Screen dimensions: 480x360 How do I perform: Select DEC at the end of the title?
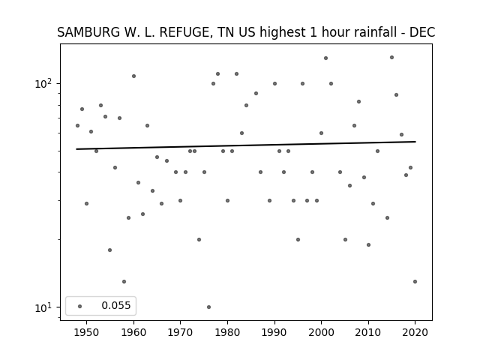(x=422, y=32)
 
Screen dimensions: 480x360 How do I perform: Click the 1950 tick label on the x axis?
(x=87, y=332)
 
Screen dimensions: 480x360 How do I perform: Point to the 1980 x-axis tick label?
(x=227, y=332)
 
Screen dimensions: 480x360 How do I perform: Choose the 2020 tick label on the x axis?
(x=415, y=332)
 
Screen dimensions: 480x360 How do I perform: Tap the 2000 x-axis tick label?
(x=321, y=332)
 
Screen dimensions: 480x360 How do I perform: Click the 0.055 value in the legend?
(x=116, y=305)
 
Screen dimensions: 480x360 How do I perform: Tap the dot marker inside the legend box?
(x=80, y=306)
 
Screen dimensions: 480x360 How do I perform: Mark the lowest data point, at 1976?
(x=208, y=307)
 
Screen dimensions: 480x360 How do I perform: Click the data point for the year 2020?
(x=415, y=282)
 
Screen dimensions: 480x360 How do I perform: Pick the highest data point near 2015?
(x=391, y=58)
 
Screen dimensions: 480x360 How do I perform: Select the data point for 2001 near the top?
(x=325, y=58)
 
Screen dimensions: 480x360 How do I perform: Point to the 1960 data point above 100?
(x=133, y=76)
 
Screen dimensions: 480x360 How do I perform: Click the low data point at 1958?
(x=124, y=282)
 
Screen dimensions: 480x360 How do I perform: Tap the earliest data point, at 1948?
(x=77, y=125)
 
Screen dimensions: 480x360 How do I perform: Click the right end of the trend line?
(x=415, y=142)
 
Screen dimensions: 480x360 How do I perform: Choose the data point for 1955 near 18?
(x=110, y=250)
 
